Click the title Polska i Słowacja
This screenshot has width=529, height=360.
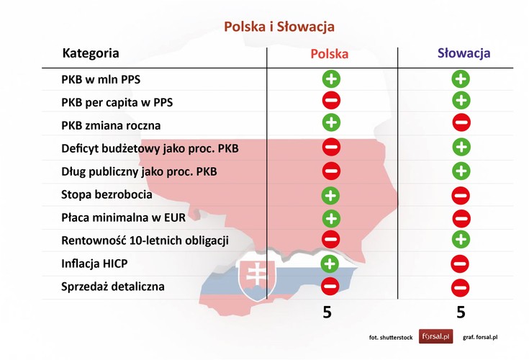[x=279, y=27]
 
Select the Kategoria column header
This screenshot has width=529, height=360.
[x=91, y=53]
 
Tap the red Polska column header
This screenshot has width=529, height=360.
[x=330, y=54]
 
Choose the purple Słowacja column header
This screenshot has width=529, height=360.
[x=464, y=53]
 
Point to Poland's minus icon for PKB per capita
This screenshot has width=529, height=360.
[x=331, y=100]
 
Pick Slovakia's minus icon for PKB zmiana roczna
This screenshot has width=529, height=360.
[x=461, y=123]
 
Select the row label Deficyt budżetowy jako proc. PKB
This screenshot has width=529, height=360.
[x=150, y=149]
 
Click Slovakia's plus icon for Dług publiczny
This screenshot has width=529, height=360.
[x=461, y=171]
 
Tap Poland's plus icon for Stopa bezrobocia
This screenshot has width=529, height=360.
[x=330, y=194]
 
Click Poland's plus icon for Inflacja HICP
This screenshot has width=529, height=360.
[x=330, y=263]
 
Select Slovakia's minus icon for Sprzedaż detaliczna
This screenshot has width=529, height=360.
[x=461, y=287]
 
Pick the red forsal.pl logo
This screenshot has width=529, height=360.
[x=435, y=336]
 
